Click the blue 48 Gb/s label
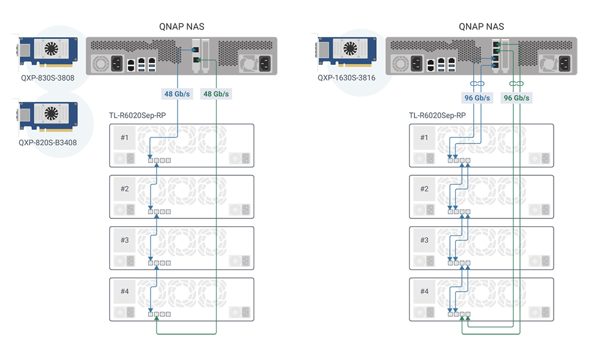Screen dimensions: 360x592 (178, 94)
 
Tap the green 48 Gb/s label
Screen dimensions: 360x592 (216, 94)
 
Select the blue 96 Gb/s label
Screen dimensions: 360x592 (477, 98)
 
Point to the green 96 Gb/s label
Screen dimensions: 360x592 (516, 98)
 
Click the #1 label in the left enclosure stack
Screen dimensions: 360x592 (125, 137)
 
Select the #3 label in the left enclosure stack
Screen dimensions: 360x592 (125, 240)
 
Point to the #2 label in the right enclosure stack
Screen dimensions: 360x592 (425, 189)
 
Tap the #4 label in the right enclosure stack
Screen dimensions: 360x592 (425, 292)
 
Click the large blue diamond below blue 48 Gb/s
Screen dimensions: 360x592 (178, 112)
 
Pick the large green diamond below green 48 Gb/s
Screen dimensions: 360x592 (216, 112)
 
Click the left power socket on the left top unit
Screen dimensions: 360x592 (115, 63)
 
